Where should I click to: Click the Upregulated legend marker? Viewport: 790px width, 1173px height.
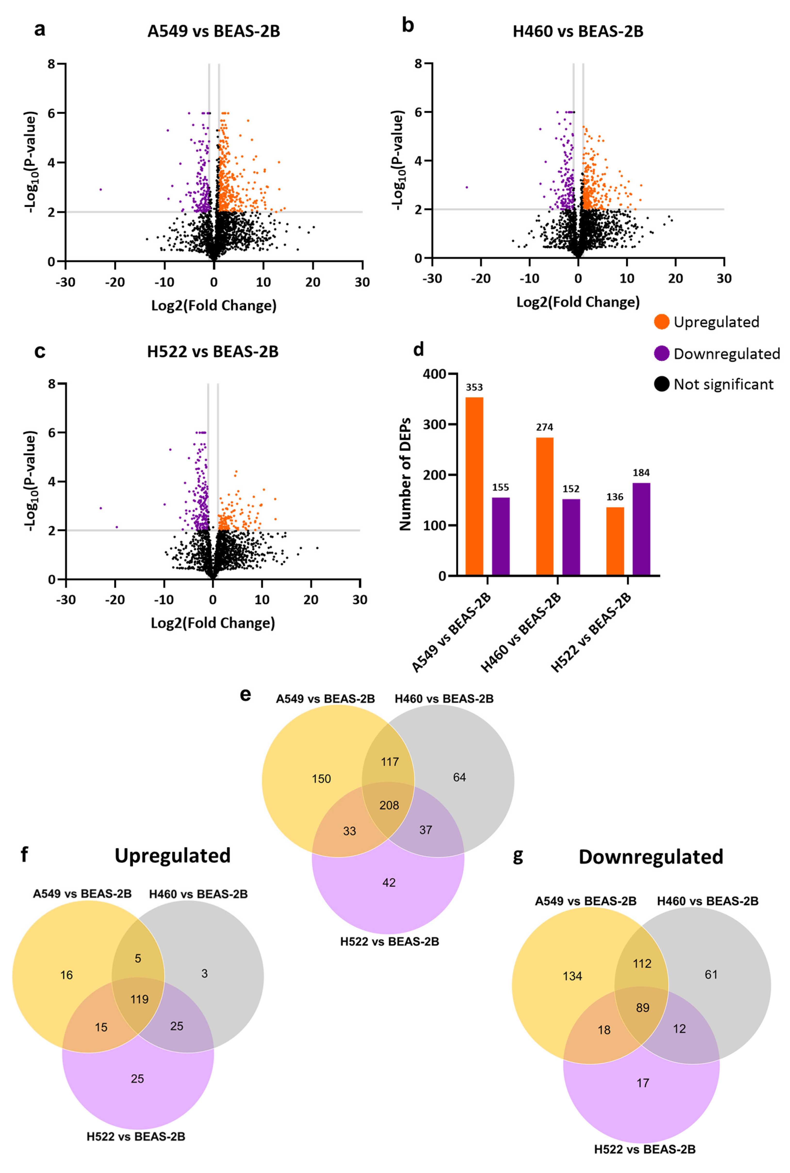pyautogui.click(x=661, y=322)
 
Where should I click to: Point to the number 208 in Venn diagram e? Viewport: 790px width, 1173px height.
pyautogui.click(x=389, y=805)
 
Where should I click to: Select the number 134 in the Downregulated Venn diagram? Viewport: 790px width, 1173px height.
pyautogui.click(x=572, y=976)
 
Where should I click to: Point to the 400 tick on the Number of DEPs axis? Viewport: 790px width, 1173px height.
pyautogui.click(x=435, y=374)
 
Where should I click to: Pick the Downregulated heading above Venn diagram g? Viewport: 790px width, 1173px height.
pyautogui.click(x=651, y=857)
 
